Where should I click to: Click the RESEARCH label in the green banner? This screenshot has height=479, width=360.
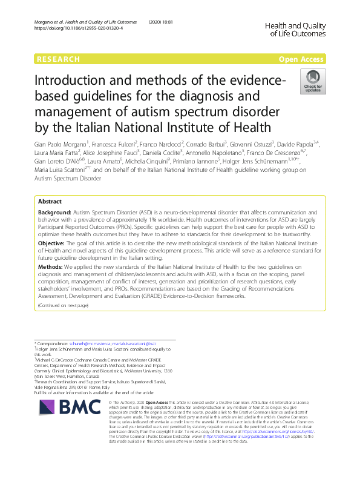tap(58, 59)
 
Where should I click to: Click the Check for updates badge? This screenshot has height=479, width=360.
tap(313, 82)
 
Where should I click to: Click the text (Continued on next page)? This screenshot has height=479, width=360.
tap(63, 305)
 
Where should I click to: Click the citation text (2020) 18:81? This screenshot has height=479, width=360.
tap(161, 21)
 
